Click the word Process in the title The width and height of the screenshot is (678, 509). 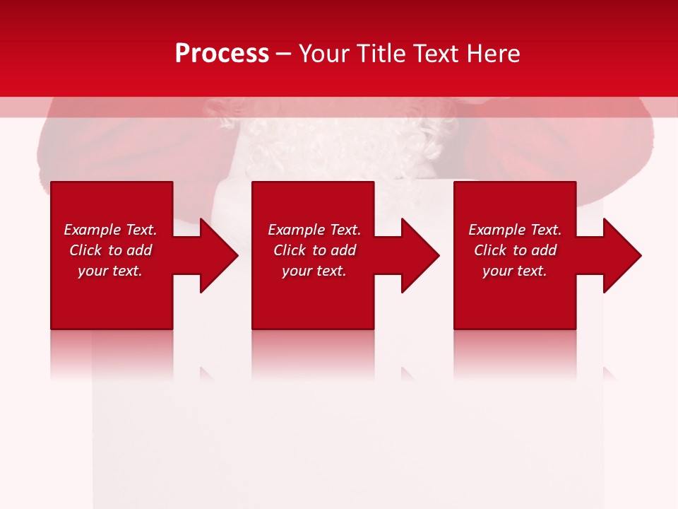[x=222, y=54]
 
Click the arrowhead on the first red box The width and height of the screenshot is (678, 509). [x=215, y=255]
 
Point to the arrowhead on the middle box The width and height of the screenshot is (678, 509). [x=417, y=255]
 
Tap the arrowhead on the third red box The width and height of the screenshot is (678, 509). [x=619, y=255]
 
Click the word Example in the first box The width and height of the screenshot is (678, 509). [x=93, y=230]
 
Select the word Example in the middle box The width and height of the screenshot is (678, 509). [x=297, y=230]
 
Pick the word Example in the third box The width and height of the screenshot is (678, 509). [x=497, y=230]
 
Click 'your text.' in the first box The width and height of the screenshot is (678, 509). [x=109, y=271]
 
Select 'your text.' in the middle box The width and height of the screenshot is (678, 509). [x=314, y=271]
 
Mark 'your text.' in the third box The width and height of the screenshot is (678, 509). [x=514, y=271]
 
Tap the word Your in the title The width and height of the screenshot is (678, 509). [x=323, y=54]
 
